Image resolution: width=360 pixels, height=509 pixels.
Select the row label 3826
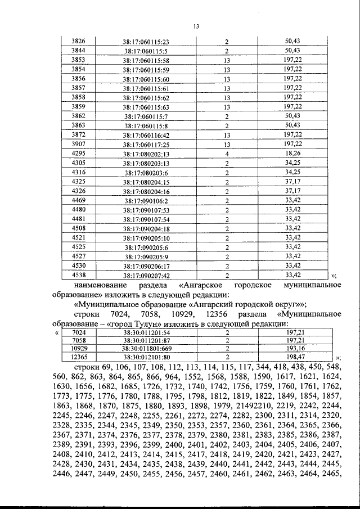coord(79,41)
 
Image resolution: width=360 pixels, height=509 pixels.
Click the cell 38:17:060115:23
coord(146,42)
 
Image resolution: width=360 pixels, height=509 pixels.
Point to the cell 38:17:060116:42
coord(146,135)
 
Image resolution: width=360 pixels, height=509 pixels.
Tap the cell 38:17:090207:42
coord(146,276)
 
